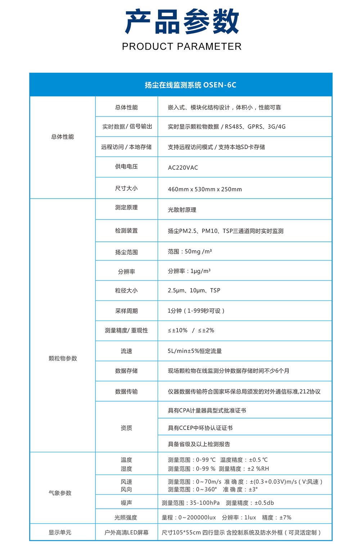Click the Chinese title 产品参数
pos(182,22)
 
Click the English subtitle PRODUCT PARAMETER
pos(182,46)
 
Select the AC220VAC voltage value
pos(183,168)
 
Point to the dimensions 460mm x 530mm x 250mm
pos(205,189)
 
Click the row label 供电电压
pos(126,167)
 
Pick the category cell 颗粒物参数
pos(63,358)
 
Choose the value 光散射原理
pos(182,210)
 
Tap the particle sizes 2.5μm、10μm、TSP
pos(194,290)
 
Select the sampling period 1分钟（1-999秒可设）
pos(196,311)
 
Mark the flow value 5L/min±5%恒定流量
pos(195,351)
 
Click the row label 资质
pos(126,428)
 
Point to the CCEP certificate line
pos(200,428)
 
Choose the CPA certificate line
pos(207,411)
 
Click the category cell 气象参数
pos(60,493)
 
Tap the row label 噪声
pos(126,503)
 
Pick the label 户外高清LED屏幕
pos(126,532)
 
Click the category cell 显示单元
pos(60,532)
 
